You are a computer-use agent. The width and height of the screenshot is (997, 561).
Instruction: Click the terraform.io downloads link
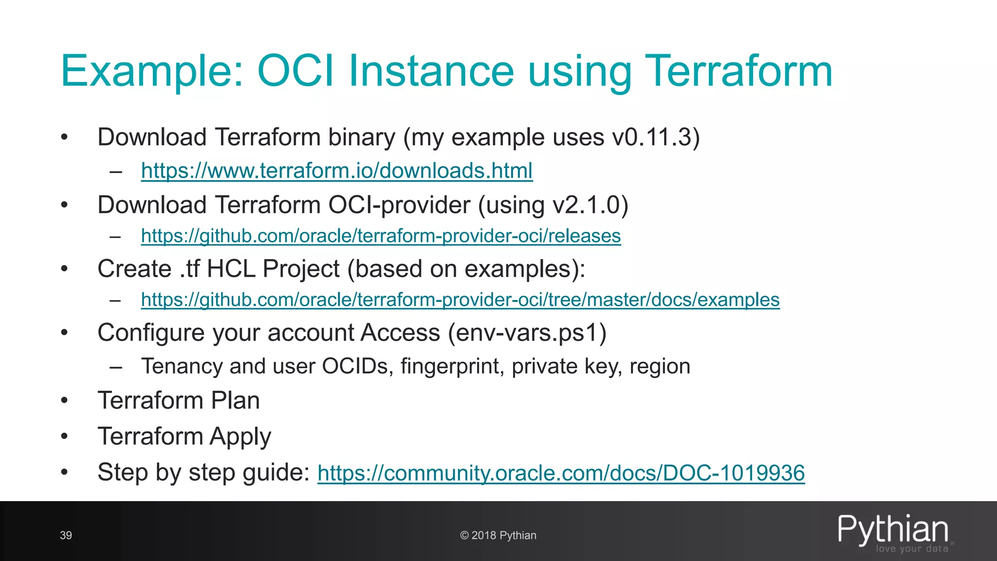pos(337,171)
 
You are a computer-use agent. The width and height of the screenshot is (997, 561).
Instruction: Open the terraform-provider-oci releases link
pos(381,236)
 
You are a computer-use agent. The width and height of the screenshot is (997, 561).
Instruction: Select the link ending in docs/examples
pos(460,300)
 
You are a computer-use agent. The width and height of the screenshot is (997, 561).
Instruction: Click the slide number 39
pos(66,536)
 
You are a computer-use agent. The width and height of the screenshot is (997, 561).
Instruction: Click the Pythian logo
pos(893,532)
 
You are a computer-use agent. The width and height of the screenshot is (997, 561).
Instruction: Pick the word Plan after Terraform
pos(235,401)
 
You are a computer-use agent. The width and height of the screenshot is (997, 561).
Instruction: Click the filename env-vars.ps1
pos(527,333)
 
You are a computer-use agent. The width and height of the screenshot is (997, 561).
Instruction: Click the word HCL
pos(231,269)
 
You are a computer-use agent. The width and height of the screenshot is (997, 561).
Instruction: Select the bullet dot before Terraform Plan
pos(64,401)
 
